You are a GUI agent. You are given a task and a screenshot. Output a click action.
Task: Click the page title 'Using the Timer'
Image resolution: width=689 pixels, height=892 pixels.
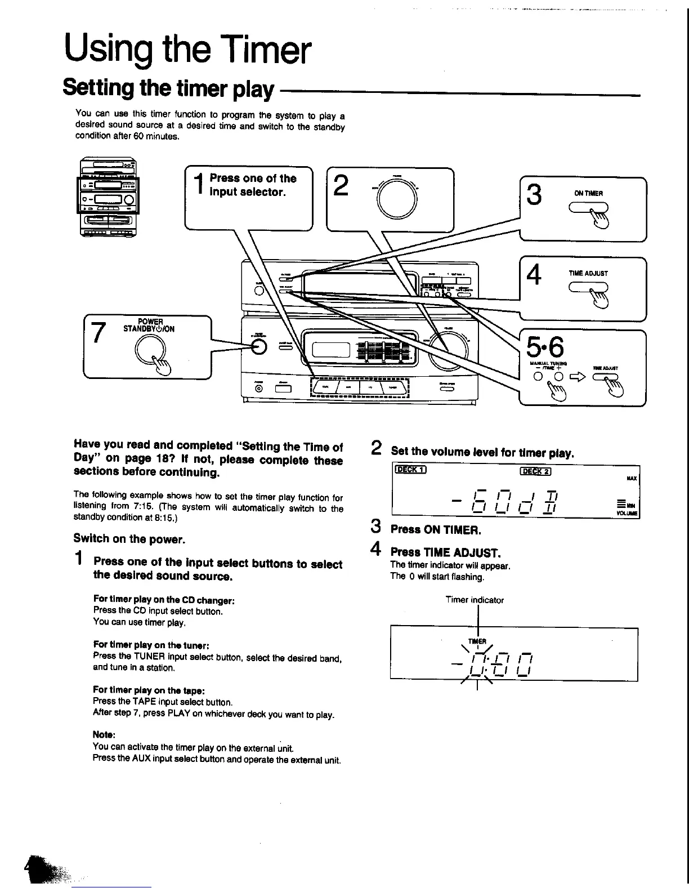pyautogui.click(x=187, y=50)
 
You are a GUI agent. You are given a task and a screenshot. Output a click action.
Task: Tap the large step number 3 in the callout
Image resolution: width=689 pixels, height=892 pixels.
pyautogui.click(x=534, y=195)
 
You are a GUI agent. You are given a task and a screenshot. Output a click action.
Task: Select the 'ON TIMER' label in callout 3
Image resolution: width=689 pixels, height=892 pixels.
pyautogui.click(x=588, y=193)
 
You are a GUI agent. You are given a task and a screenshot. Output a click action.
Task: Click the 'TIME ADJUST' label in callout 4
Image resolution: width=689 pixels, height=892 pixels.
pyautogui.click(x=588, y=273)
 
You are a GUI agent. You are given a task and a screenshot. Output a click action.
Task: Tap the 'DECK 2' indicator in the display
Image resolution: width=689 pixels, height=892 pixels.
pyautogui.click(x=536, y=472)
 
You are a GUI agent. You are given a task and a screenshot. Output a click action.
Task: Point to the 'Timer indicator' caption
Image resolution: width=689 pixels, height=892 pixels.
pyautogui.click(x=475, y=600)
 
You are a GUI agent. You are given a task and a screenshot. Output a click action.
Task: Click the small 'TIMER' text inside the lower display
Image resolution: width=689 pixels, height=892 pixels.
pyautogui.click(x=477, y=641)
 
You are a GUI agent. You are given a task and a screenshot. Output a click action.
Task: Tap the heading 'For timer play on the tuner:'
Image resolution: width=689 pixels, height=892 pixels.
pyautogui.click(x=144, y=645)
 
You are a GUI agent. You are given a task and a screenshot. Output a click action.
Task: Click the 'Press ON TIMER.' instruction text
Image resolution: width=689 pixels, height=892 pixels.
pyautogui.click(x=436, y=530)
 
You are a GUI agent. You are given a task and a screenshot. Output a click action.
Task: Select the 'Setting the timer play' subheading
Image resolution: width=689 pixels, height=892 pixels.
pyautogui.click(x=168, y=88)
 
